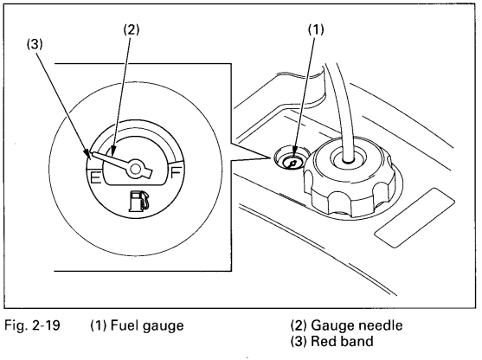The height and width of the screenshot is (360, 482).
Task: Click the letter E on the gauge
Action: [95, 177]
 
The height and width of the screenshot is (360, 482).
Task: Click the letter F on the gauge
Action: [177, 172]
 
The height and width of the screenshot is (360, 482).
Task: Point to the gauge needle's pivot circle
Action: [136, 169]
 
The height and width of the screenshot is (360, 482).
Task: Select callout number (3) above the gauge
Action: [34, 45]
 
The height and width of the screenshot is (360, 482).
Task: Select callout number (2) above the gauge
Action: [132, 29]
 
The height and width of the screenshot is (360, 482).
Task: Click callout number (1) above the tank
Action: [316, 29]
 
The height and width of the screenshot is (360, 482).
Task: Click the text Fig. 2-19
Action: [32, 325]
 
